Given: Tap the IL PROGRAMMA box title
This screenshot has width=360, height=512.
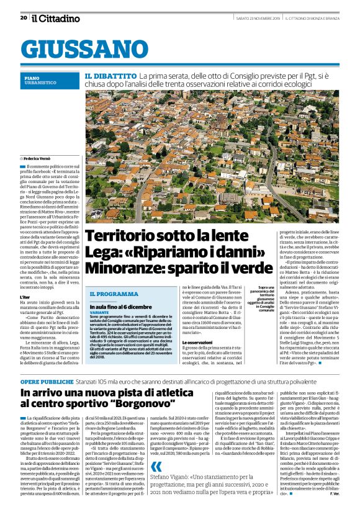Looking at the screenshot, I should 114,294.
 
